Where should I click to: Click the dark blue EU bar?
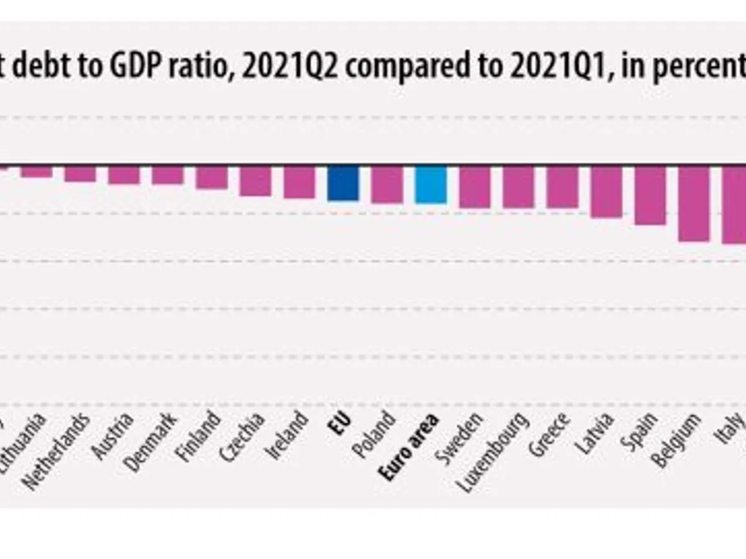[x=343, y=183]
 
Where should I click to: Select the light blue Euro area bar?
[x=431, y=184]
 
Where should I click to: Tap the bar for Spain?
[x=650, y=195]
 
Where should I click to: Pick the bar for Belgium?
[x=694, y=203]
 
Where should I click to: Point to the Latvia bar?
[x=606, y=191]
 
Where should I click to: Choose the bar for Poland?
[x=387, y=184]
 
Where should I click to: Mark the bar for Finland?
[x=212, y=177]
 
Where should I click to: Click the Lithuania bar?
[x=36, y=171]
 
